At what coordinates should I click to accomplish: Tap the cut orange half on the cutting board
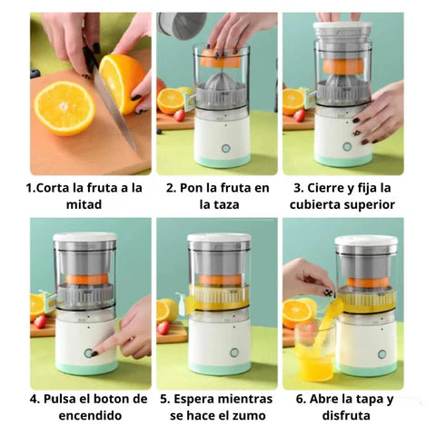click(64, 107)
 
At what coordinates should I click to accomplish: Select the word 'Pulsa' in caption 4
click(66, 399)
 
